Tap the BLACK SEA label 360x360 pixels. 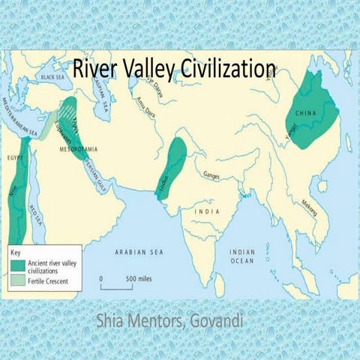(x=52, y=76)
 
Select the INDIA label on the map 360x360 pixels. (x=207, y=211)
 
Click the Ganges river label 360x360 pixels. (x=212, y=175)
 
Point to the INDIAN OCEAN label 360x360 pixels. (x=242, y=256)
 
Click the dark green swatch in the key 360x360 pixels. (x=18, y=265)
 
